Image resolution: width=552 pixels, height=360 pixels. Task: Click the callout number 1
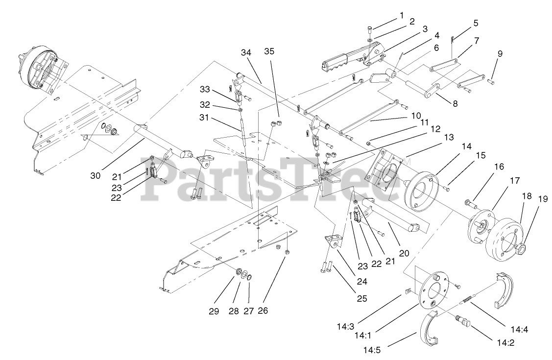(x=402, y=15)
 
